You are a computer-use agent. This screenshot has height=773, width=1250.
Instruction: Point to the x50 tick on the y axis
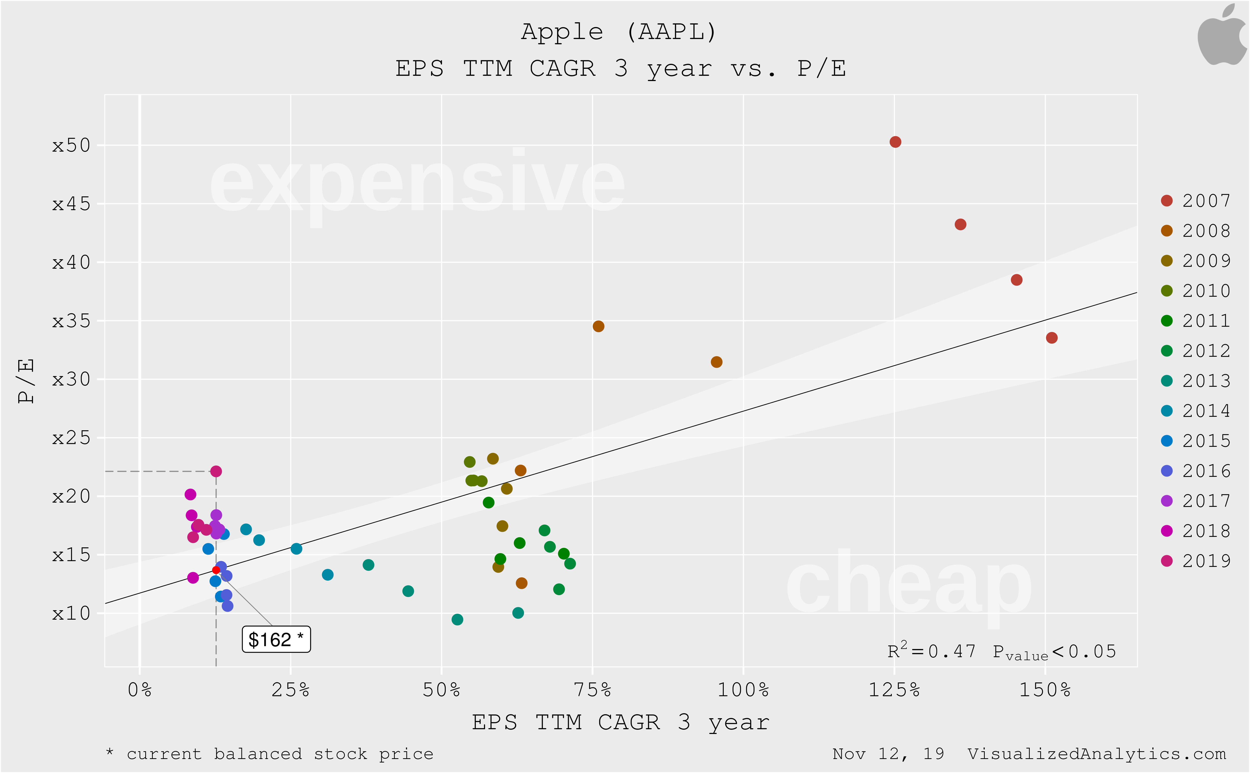pyautogui.click(x=71, y=146)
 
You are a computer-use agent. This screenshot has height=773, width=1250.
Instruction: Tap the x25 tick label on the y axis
pyautogui.click(x=71, y=438)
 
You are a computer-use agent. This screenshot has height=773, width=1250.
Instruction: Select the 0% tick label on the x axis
pyautogui.click(x=139, y=690)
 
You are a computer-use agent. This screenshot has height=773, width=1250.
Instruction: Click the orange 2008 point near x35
pyautogui.click(x=598, y=326)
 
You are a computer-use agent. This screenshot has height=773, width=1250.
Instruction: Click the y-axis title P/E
pyautogui.click(x=25, y=381)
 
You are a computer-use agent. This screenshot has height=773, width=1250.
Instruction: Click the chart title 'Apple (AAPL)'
pyautogui.click(x=619, y=32)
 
